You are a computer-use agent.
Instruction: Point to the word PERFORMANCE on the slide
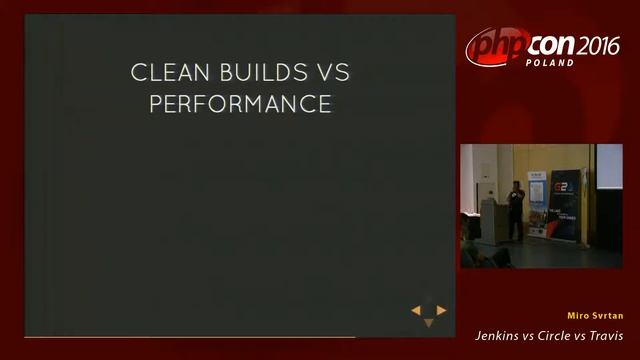tap(240, 104)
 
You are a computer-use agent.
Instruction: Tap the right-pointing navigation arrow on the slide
tap(441, 311)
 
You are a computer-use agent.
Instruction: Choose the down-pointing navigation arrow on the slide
tap(429, 322)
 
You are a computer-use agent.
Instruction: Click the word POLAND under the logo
tap(550, 63)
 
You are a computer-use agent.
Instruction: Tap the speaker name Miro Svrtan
tap(594, 315)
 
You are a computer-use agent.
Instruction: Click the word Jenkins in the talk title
tap(497, 335)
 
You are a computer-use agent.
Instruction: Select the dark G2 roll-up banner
tap(564, 205)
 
